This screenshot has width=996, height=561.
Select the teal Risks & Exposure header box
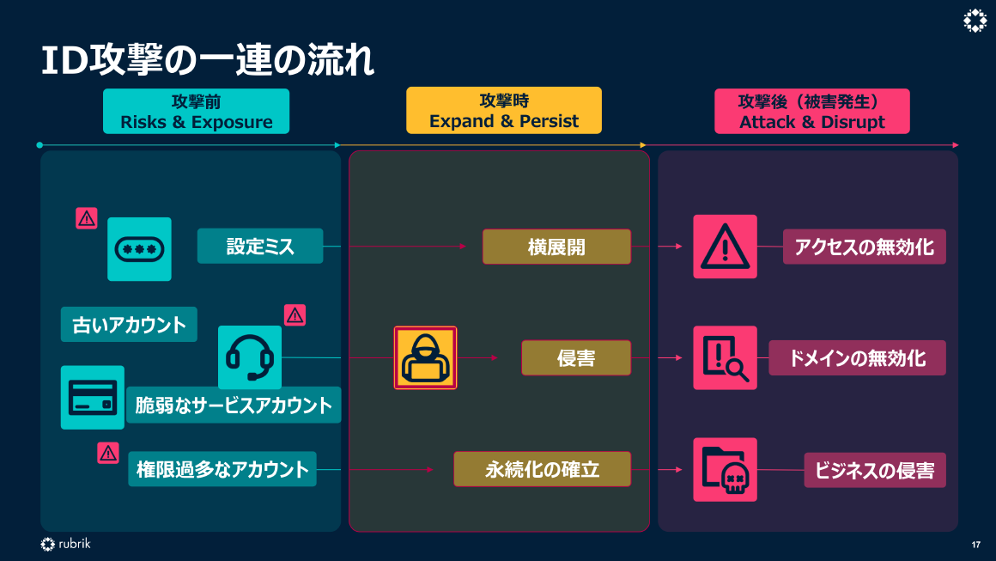coord(196,112)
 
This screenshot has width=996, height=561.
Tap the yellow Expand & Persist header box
coord(504,111)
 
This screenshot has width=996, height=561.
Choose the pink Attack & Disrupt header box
coord(811,112)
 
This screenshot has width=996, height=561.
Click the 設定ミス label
coord(260,247)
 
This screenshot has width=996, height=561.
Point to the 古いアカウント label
coord(129,325)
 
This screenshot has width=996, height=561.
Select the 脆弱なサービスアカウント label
coord(234,406)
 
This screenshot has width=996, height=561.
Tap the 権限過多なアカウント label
coord(222,469)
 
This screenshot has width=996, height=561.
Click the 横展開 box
coord(556,247)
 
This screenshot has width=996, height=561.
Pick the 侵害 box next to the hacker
coord(576,358)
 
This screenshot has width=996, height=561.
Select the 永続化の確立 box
coord(542,469)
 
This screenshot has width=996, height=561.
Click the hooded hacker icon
coord(425,358)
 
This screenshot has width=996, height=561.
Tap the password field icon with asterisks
coord(139,249)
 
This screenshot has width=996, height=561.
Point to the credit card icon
coord(92,397)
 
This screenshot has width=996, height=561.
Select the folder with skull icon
coord(725,470)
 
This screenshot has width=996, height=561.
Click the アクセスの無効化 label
coord(864,247)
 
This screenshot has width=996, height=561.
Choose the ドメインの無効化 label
coord(857,358)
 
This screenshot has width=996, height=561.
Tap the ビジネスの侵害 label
coord(875,470)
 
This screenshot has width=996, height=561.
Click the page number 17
coord(976,545)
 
